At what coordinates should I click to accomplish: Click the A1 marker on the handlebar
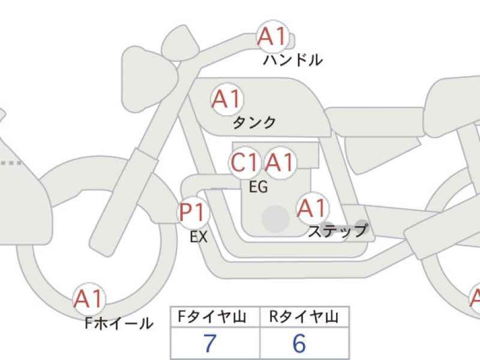273,37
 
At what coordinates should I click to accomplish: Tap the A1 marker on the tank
227,99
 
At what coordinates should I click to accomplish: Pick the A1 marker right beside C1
280,162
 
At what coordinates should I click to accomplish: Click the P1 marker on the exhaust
193,212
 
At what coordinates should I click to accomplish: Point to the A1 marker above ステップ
312,208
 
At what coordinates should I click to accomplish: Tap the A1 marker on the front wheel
89,299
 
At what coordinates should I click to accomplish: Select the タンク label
254,123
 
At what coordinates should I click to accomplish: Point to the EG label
259,187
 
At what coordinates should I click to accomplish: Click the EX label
199,236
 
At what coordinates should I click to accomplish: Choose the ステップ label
338,231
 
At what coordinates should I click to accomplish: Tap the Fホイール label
119,323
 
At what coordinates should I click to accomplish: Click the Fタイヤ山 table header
212,317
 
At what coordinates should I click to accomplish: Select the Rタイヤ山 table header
304,317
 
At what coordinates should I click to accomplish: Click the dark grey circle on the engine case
275,218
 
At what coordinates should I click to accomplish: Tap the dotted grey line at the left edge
11,163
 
